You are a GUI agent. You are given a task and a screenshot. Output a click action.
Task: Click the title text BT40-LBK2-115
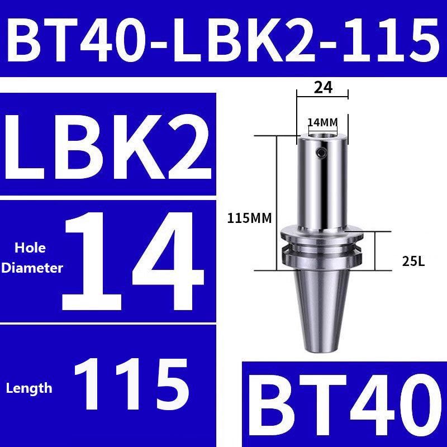coord(223,38)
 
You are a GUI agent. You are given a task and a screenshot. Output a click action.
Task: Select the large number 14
coord(134,260)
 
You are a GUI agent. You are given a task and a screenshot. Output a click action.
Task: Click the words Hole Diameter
coord(32,258)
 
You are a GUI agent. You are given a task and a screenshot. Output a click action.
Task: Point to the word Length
coord(29,388)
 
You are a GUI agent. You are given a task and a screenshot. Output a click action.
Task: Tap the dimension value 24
coord(322,87)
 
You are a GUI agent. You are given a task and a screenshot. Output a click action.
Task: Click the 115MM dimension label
coord(249,218)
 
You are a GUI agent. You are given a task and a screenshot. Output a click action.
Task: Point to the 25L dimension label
coord(413,260)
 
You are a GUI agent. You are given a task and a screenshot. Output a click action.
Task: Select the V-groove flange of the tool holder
coord(322,249)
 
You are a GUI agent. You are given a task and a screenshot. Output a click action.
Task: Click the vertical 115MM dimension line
coord(276,184)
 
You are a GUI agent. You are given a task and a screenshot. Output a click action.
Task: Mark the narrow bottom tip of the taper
coord(322,348)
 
